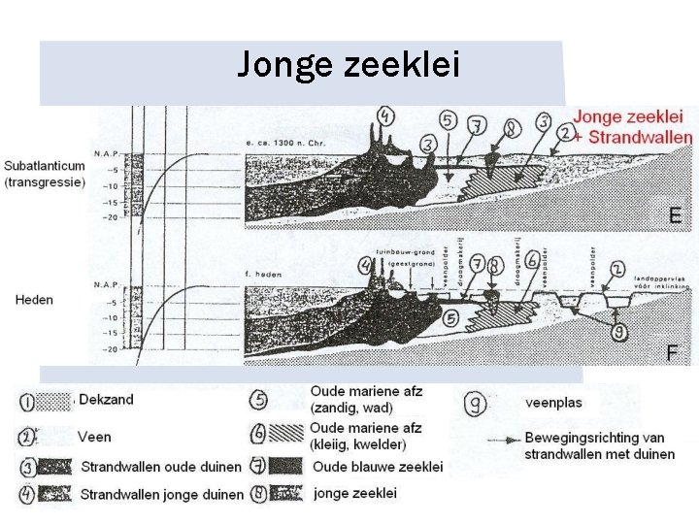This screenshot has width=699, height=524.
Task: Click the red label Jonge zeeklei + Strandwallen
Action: click(x=633, y=127)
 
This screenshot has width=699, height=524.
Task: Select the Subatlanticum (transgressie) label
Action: click(x=45, y=173)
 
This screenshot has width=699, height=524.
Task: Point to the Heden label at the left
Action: click(x=34, y=299)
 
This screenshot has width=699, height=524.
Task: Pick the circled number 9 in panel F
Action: click(x=618, y=332)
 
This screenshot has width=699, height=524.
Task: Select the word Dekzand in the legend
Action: click(x=107, y=399)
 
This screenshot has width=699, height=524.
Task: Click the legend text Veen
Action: click(x=94, y=436)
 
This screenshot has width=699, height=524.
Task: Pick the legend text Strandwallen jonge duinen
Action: click(x=161, y=494)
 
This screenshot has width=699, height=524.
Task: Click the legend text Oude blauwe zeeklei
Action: click(x=378, y=467)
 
